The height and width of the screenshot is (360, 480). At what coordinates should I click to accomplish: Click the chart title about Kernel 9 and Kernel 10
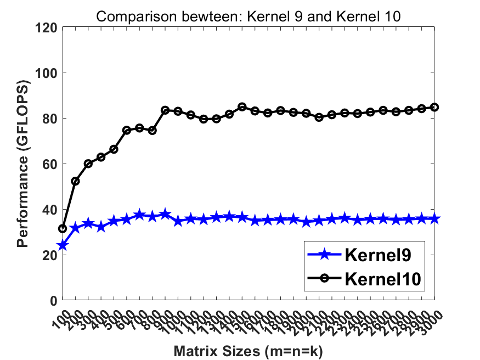click(249, 17)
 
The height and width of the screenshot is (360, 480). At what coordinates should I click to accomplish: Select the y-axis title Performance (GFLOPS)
click(22, 164)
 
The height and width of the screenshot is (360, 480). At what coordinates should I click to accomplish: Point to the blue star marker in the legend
click(324, 254)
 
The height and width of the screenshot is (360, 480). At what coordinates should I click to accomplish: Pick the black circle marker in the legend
click(324, 278)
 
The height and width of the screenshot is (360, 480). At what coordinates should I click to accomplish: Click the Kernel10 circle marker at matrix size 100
click(63, 228)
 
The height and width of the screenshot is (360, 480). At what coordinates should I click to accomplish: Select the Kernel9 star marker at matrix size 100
click(63, 245)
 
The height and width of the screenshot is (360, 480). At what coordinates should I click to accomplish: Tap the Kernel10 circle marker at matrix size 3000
click(435, 107)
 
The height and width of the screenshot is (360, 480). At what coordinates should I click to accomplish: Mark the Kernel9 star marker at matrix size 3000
click(435, 218)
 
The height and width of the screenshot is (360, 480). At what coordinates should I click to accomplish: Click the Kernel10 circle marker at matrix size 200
click(76, 181)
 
